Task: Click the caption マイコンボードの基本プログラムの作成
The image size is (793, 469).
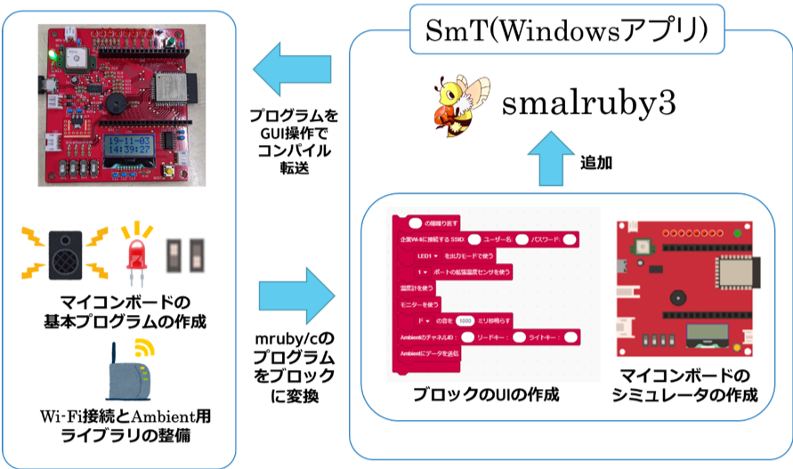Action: pos(125,309)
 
